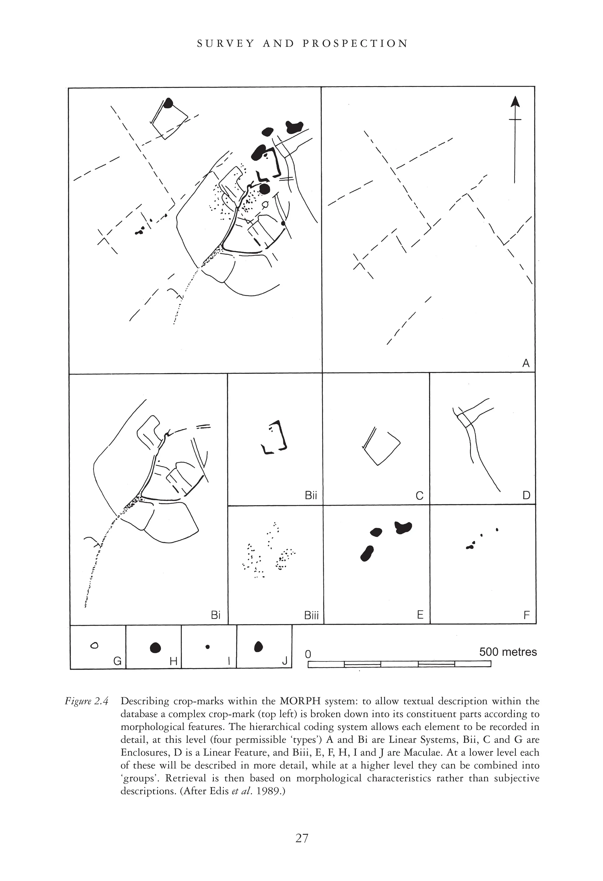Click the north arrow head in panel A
point(515,102)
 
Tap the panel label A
point(526,363)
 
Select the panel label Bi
point(216,615)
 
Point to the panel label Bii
point(311,495)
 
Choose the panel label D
point(526,495)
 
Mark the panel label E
point(420,615)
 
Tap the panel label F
point(526,615)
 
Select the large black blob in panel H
point(155,648)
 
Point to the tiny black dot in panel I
point(208,647)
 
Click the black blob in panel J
point(258,646)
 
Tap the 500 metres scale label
point(508,652)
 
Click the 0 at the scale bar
point(308,654)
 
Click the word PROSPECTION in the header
point(355,44)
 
